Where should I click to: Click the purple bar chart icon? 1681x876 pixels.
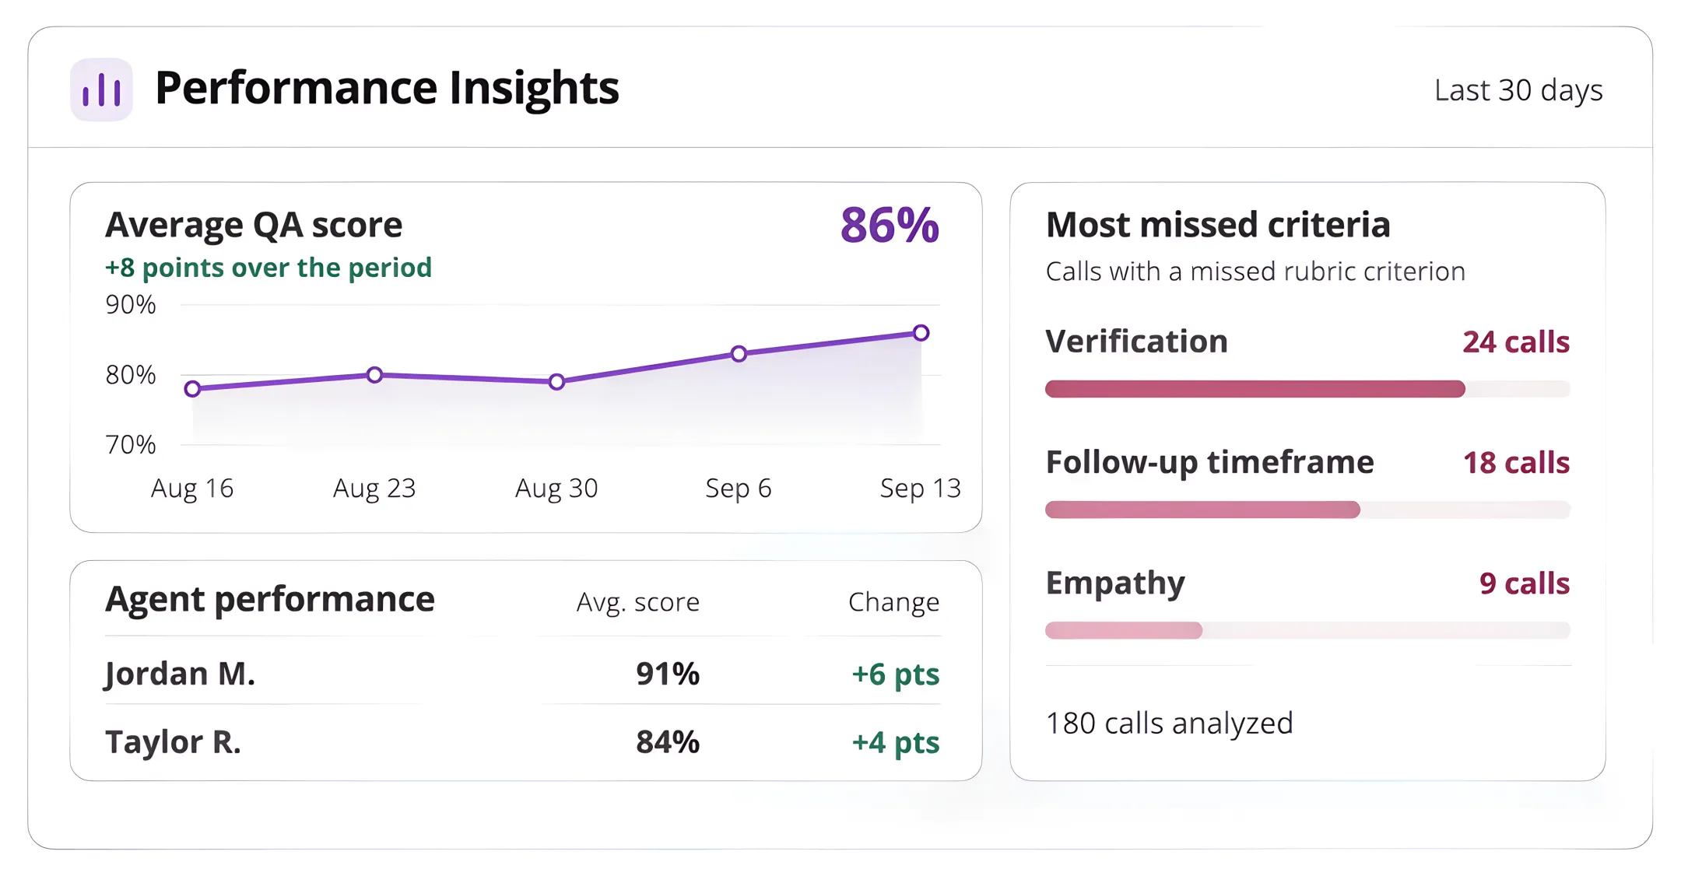click(101, 89)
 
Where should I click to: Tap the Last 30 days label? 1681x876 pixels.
click(1518, 90)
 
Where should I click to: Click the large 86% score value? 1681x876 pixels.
click(890, 226)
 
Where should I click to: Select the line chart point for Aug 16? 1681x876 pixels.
click(193, 388)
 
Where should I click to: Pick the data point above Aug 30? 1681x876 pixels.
click(556, 382)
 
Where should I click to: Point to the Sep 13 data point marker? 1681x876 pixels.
click(921, 333)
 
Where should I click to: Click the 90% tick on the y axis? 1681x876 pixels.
click(131, 304)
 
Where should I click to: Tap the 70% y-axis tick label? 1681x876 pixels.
click(131, 445)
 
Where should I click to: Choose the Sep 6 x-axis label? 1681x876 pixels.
click(739, 488)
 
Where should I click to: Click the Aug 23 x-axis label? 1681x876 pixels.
click(374, 488)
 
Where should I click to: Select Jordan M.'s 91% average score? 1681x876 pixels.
click(668, 674)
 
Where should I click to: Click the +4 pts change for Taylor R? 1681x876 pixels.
click(896, 742)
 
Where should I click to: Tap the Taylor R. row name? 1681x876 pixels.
click(173, 742)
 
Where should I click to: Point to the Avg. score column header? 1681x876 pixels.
click(638, 602)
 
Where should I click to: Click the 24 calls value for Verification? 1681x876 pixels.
click(1516, 342)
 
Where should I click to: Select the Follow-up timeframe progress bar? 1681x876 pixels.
click(1308, 510)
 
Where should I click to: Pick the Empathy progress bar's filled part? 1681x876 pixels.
click(1124, 630)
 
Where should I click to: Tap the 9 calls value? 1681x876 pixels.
click(1525, 583)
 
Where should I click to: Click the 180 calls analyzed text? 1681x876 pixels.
click(1169, 724)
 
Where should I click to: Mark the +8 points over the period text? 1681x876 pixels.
click(268, 268)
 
